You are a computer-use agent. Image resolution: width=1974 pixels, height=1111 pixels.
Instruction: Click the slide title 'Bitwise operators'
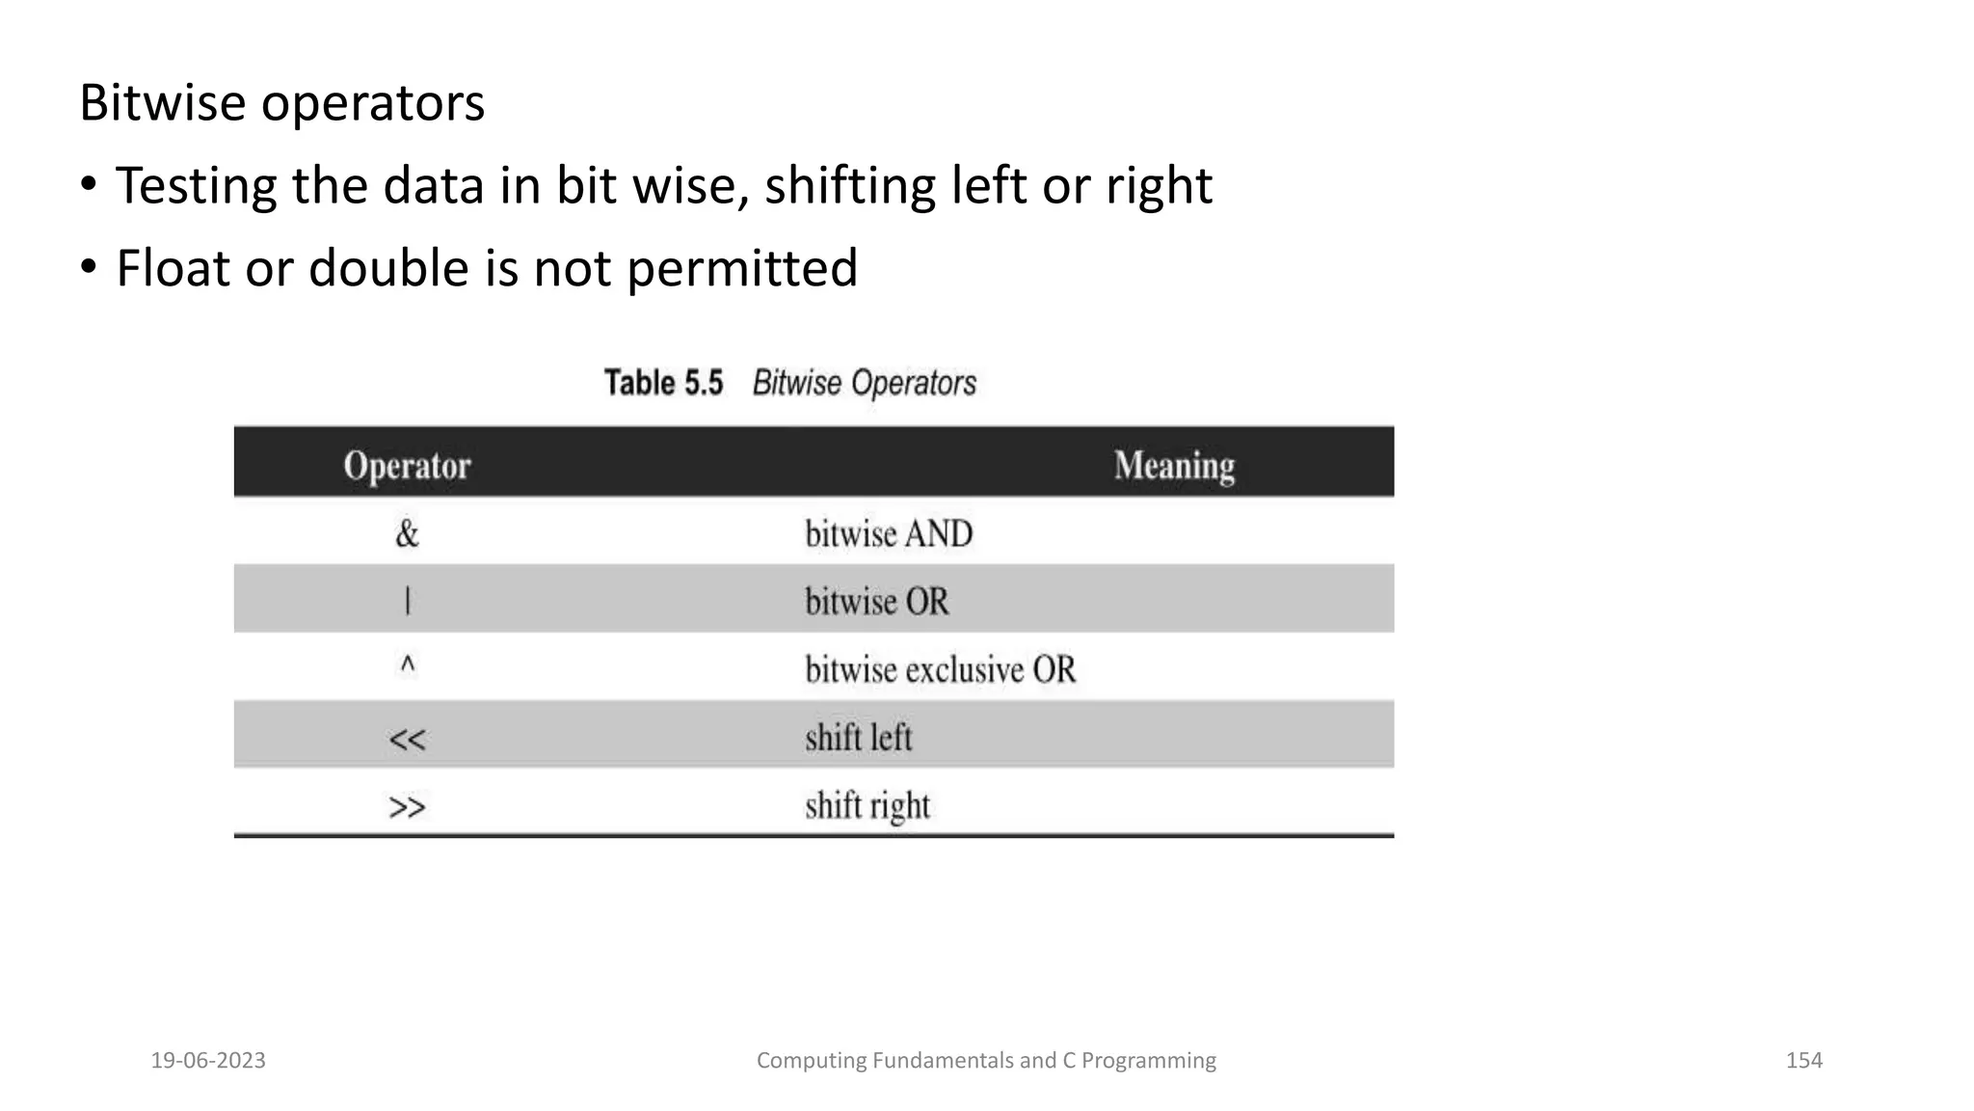[x=281, y=103]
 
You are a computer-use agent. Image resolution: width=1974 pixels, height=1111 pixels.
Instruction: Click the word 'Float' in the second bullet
[x=173, y=268]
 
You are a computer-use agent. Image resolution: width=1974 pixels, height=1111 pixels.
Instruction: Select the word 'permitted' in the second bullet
[x=742, y=268]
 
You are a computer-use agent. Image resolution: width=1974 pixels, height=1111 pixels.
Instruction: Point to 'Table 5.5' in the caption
[x=663, y=383]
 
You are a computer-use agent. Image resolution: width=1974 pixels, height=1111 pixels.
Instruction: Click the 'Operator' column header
[x=407, y=466]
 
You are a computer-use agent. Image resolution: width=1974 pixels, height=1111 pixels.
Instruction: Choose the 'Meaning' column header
[x=1174, y=466]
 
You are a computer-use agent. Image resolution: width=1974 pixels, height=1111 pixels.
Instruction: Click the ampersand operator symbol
[x=407, y=533]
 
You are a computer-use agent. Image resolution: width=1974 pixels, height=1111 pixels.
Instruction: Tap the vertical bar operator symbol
[x=407, y=602]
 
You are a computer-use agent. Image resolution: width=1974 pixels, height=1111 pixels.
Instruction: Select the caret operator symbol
[x=408, y=665]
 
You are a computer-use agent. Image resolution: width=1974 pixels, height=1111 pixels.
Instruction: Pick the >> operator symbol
[x=407, y=806]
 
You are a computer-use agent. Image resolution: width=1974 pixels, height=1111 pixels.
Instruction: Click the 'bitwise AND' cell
[x=889, y=534]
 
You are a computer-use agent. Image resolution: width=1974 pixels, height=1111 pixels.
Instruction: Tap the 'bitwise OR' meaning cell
[x=876, y=602]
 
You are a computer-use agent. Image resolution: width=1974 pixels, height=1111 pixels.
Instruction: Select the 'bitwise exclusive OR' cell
[x=940, y=669]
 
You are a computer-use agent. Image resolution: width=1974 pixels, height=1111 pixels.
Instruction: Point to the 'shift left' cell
[x=858, y=738]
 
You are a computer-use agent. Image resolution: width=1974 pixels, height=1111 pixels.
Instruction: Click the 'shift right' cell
[x=867, y=806]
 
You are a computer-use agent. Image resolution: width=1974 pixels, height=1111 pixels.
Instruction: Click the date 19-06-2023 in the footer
[x=208, y=1061]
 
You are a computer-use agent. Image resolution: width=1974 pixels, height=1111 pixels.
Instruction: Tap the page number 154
[x=1803, y=1061]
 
